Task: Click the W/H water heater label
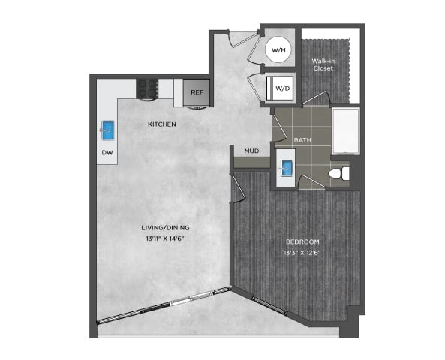[x=279, y=50]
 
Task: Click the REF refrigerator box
[x=197, y=92]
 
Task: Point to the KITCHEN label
[x=162, y=124]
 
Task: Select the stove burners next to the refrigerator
[x=148, y=88]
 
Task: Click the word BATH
[x=302, y=140]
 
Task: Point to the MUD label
[x=251, y=151]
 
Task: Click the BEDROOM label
[x=303, y=241]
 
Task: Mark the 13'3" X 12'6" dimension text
[x=303, y=253]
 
